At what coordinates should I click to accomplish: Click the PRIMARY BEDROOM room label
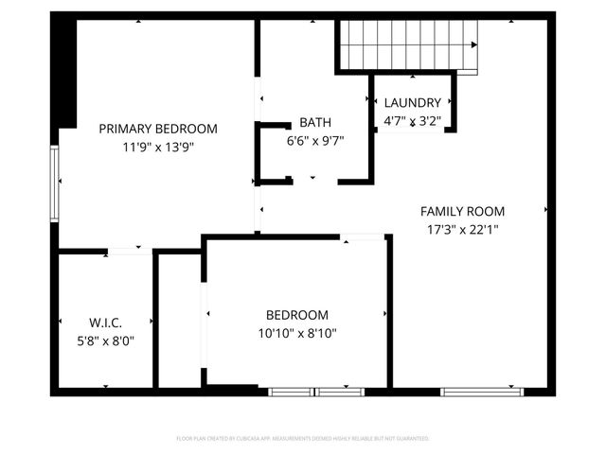click(158, 129)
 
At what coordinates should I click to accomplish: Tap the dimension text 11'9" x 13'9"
click(158, 147)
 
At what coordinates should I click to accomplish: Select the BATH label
click(314, 122)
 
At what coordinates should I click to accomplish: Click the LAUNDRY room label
click(412, 103)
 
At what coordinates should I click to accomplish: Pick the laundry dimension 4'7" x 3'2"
click(412, 120)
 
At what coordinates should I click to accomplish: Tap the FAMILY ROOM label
click(462, 212)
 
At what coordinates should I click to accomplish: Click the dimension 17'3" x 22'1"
click(462, 229)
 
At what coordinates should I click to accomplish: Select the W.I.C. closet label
click(106, 323)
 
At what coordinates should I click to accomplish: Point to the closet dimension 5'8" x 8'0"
click(106, 340)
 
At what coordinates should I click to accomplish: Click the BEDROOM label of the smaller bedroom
click(296, 315)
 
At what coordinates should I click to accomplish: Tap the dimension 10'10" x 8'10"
click(296, 333)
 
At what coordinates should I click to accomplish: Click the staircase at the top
click(407, 43)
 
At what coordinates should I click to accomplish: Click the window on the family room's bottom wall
click(483, 391)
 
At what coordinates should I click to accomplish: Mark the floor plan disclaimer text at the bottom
click(303, 439)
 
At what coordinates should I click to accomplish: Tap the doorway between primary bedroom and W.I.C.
click(130, 251)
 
